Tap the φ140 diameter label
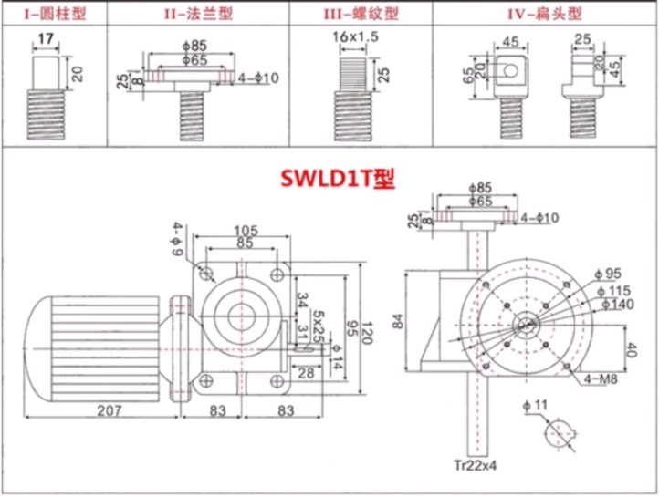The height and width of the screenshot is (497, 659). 614,303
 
